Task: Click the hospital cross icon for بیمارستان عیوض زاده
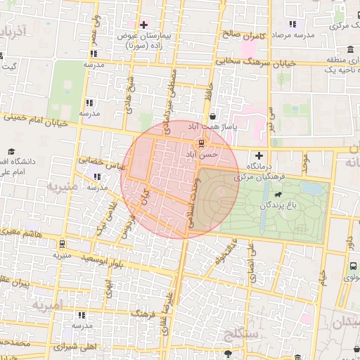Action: pyautogui.click(x=143, y=25)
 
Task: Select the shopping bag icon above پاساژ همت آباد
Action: pyautogui.click(x=212, y=117)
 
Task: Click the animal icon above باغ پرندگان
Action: pyautogui.click(x=279, y=194)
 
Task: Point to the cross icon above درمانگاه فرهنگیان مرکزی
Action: pyautogui.click(x=259, y=155)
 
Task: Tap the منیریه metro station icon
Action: pyautogui.click(x=63, y=244)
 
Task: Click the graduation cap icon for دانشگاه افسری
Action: pyautogui.click(x=12, y=151)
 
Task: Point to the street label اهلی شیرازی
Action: pyautogui.click(x=77, y=347)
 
